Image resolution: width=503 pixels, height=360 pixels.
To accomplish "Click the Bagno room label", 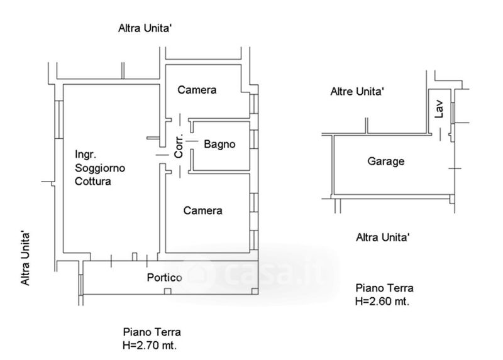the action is pyautogui.click(x=219, y=145).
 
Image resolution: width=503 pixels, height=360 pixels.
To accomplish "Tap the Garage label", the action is pyautogui.click(x=385, y=161).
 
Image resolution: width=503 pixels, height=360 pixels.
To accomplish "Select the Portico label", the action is pyautogui.click(x=165, y=278).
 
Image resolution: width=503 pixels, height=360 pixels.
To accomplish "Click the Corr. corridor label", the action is pyautogui.click(x=179, y=145).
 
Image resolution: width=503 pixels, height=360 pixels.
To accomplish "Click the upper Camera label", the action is pyautogui.click(x=197, y=90).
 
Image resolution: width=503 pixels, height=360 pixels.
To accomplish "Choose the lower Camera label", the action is pyautogui.click(x=202, y=210).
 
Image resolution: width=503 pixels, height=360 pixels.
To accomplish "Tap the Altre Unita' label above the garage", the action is pyautogui.click(x=357, y=92).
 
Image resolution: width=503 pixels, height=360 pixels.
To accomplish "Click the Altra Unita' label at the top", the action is pyautogui.click(x=145, y=28).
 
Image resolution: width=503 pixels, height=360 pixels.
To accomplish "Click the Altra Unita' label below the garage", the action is pyautogui.click(x=383, y=237).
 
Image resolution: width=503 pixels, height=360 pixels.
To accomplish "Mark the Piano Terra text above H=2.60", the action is pyautogui.click(x=385, y=288).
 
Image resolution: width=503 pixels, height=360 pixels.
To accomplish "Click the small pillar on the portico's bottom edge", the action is pyautogui.click(x=167, y=290).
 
